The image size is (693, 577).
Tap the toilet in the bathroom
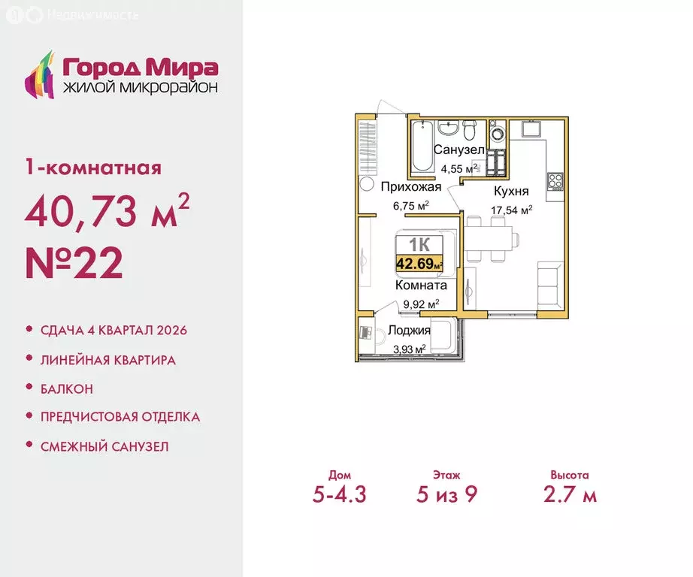(x=468, y=131)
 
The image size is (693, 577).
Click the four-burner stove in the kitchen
(x=556, y=181)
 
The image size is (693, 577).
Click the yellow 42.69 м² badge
(x=419, y=263)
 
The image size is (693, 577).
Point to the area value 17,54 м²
(x=512, y=210)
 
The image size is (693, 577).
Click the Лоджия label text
(x=409, y=331)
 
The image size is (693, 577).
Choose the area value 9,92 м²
(x=420, y=303)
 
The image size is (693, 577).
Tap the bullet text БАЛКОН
(x=67, y=388)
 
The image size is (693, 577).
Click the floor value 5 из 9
(x=446, y=495)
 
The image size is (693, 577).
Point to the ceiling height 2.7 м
(x=569, y=495)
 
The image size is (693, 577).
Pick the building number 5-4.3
(x=340, y=495)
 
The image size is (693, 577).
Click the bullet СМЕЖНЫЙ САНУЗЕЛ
(x=104, y=446)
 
